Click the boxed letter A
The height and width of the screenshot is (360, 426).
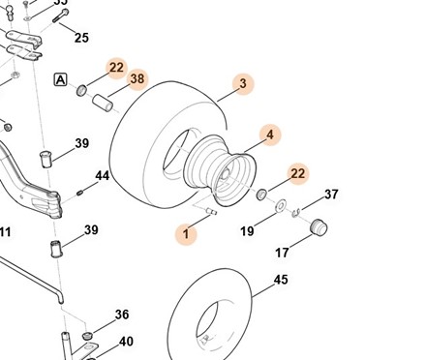(x=60, y=79)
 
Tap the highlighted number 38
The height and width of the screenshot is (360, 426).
(x=137, y=78)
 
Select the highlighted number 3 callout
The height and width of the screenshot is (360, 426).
(x=243, y=83)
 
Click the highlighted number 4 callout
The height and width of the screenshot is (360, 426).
(x=270, y=135)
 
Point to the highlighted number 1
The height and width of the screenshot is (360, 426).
(x=186, y=234)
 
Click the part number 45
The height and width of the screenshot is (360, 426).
(x=281, y=280)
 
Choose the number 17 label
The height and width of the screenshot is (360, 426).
(x=282, y=253)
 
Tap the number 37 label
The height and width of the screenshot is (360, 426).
(x=331, y=195)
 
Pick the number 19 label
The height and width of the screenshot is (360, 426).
(x=247, y=231)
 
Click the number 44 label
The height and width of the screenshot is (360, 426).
(x=103, y=176)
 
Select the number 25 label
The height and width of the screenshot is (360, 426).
(x=81, y=38)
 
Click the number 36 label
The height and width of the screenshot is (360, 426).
(x=122, y=315)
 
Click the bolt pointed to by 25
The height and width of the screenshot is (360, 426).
(x=61, y=15)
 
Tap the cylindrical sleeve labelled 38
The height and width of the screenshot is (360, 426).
(x=103, y=103)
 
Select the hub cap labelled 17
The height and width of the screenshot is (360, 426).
(x=319, y=227)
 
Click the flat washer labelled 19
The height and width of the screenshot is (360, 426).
(x=281, y=205)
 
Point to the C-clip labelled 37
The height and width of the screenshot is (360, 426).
(x=296, y=212)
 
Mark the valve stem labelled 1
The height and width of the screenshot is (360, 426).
(x=212, y=211)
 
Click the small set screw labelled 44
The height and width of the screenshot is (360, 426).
(x=80, y=193)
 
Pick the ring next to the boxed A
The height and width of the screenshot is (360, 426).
(x=81, y=90)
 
